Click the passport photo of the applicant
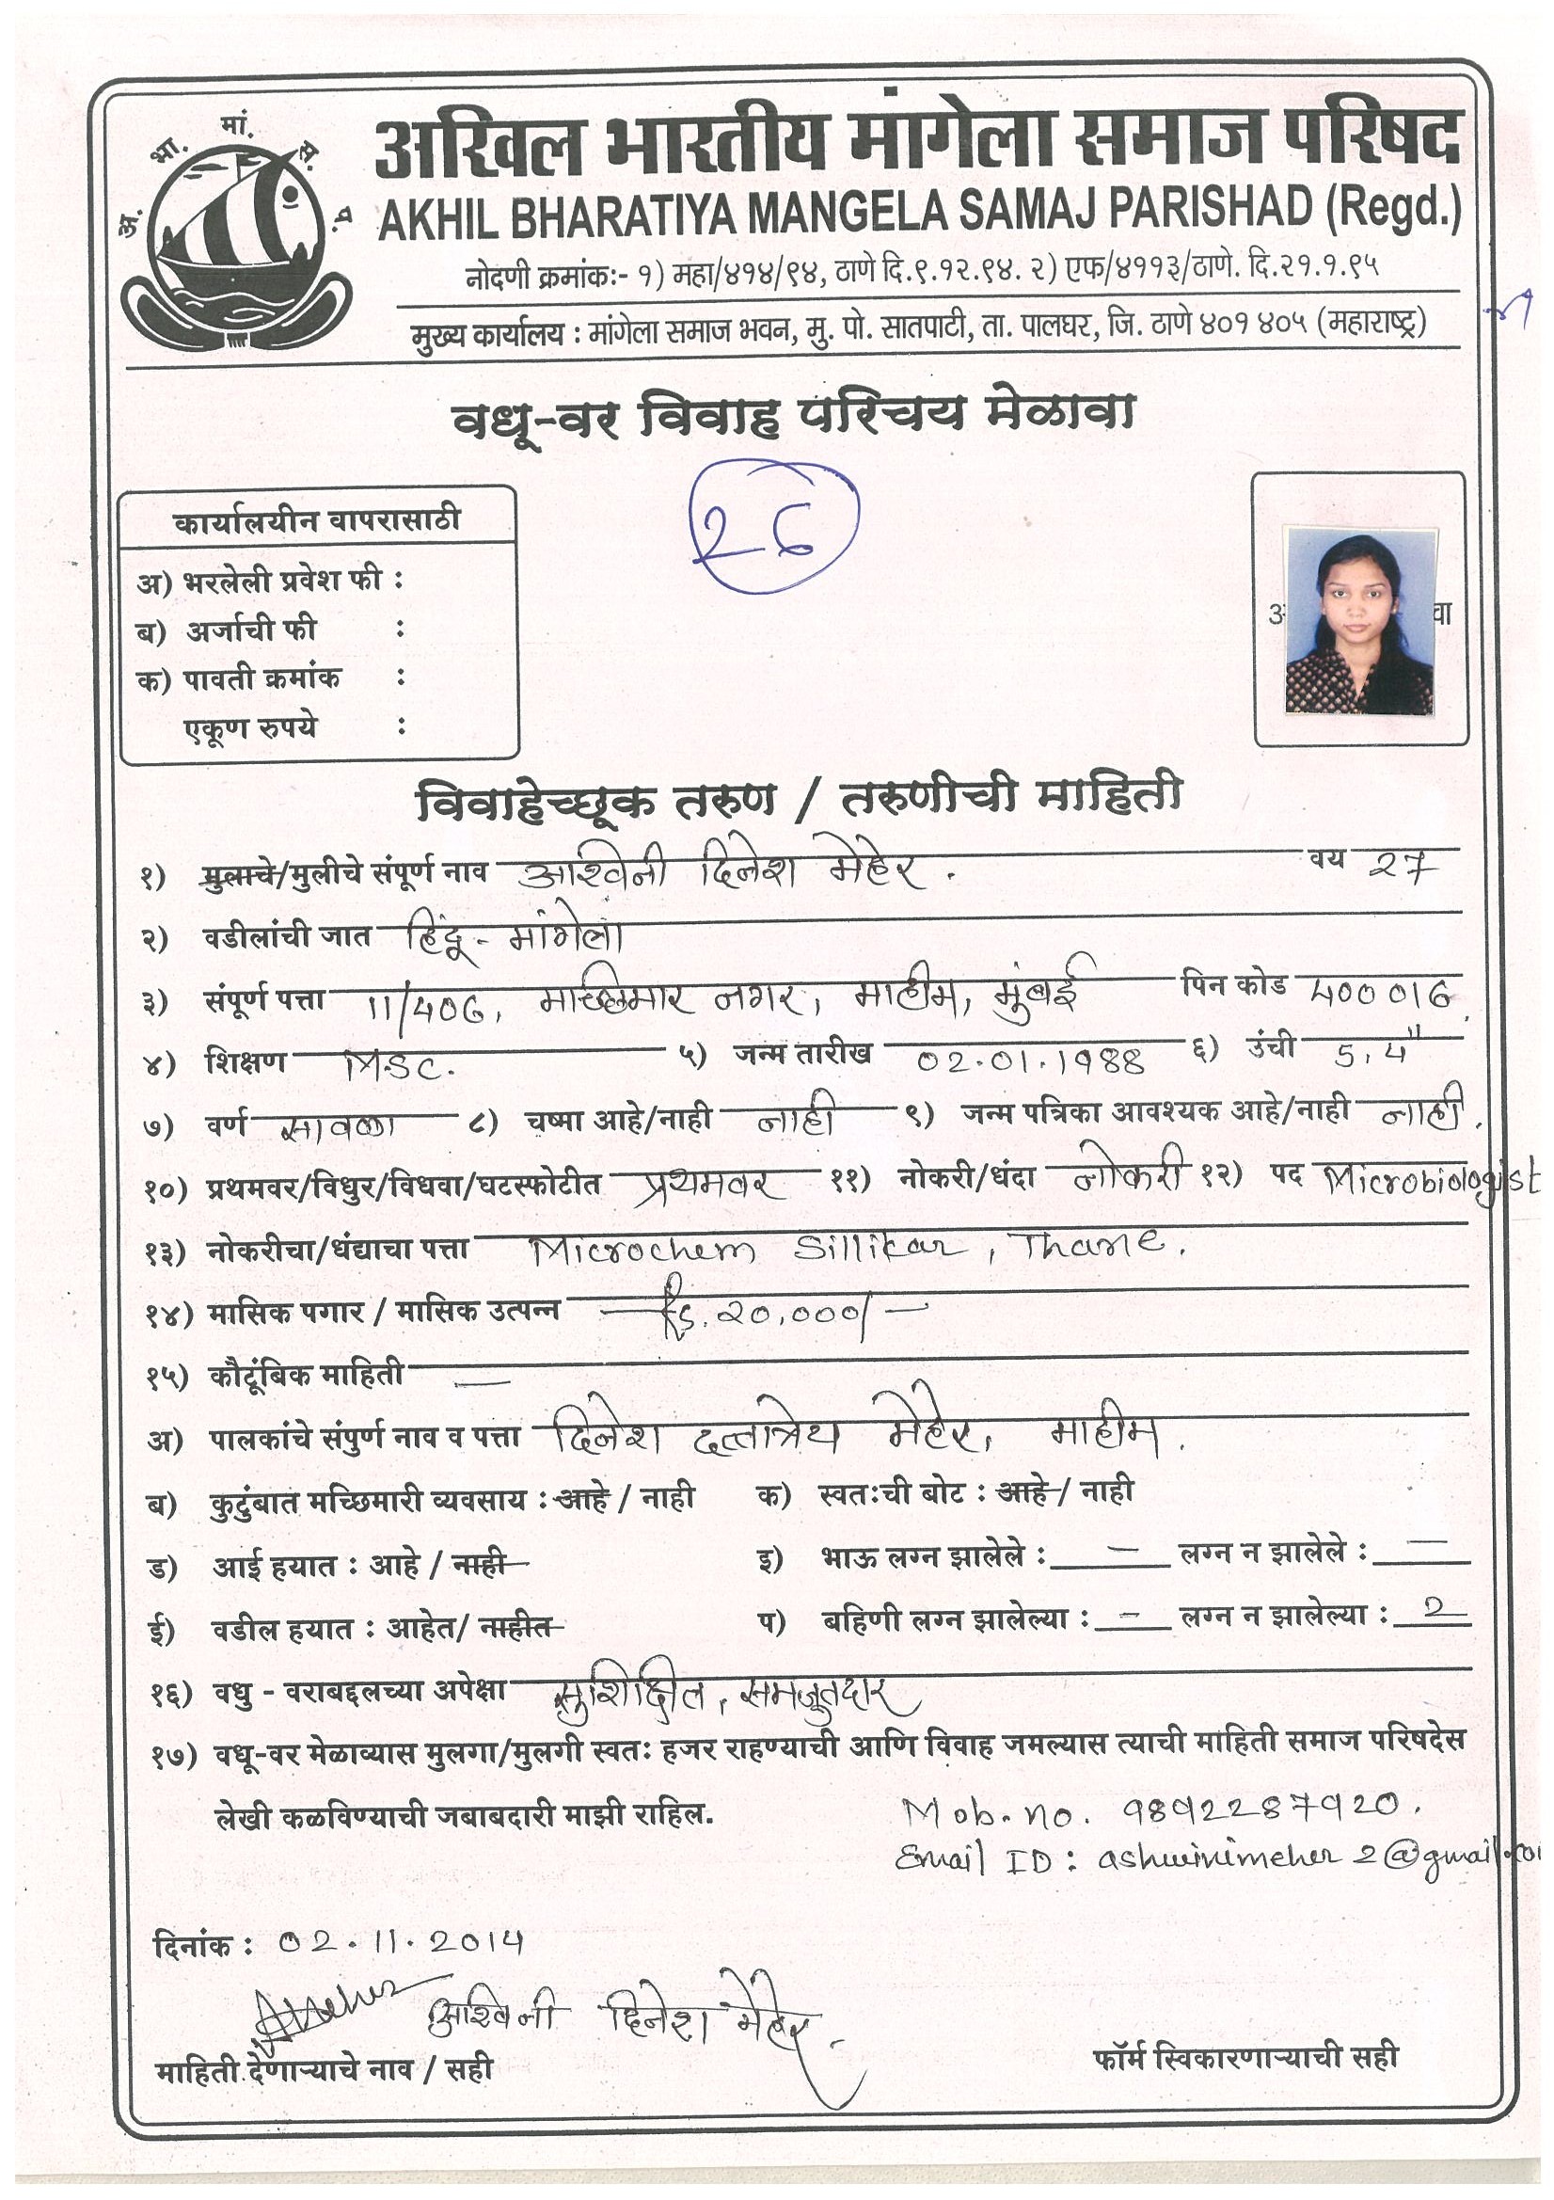tap(1358, 621)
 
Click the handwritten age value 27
tap(1402, 868)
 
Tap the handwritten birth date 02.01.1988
tap(1032, 1060)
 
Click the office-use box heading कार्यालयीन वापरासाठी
tap(317, 521)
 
